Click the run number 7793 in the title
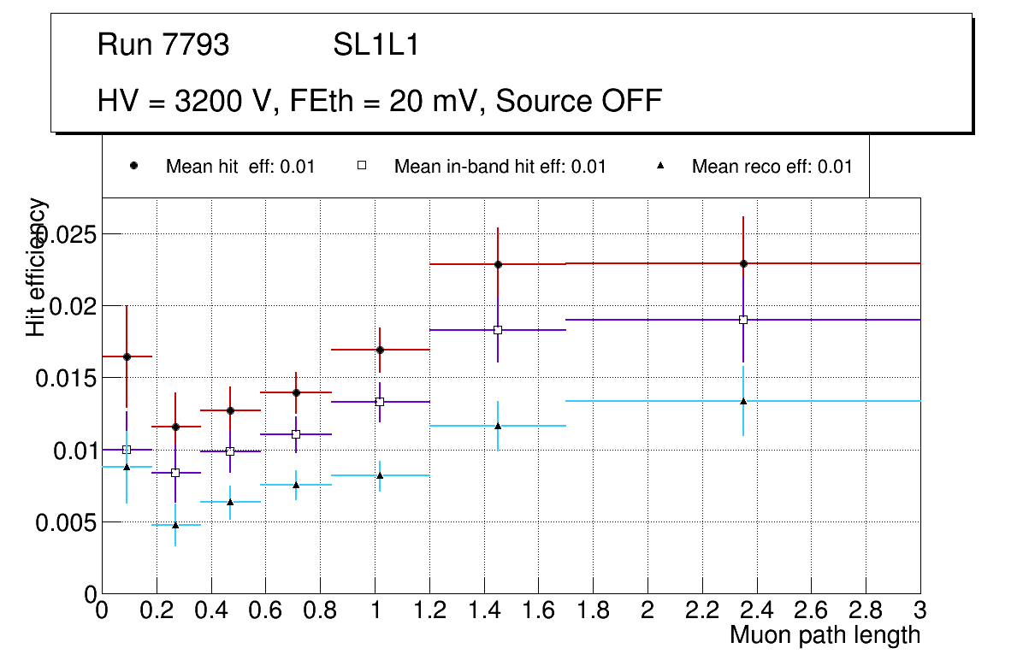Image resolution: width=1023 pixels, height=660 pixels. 196,45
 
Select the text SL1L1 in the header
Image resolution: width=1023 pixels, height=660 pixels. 376,45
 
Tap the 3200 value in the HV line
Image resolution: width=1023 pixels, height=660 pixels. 208,101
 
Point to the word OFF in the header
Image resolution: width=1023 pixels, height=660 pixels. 630,101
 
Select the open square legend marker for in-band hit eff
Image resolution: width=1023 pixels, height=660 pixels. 361,166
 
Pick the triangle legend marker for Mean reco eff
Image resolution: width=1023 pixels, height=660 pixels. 660,166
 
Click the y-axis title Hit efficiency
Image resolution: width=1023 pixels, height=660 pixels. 37,267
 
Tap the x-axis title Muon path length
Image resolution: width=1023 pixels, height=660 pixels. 825,635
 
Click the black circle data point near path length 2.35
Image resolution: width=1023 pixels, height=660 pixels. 743,263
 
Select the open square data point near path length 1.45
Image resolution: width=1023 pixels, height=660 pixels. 498,330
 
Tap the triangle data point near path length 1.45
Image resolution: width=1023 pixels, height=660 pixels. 498,425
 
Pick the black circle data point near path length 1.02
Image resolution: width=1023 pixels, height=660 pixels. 380,350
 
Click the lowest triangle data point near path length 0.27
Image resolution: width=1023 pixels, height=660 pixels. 175,525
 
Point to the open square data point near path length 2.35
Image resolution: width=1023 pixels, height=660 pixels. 743,320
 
